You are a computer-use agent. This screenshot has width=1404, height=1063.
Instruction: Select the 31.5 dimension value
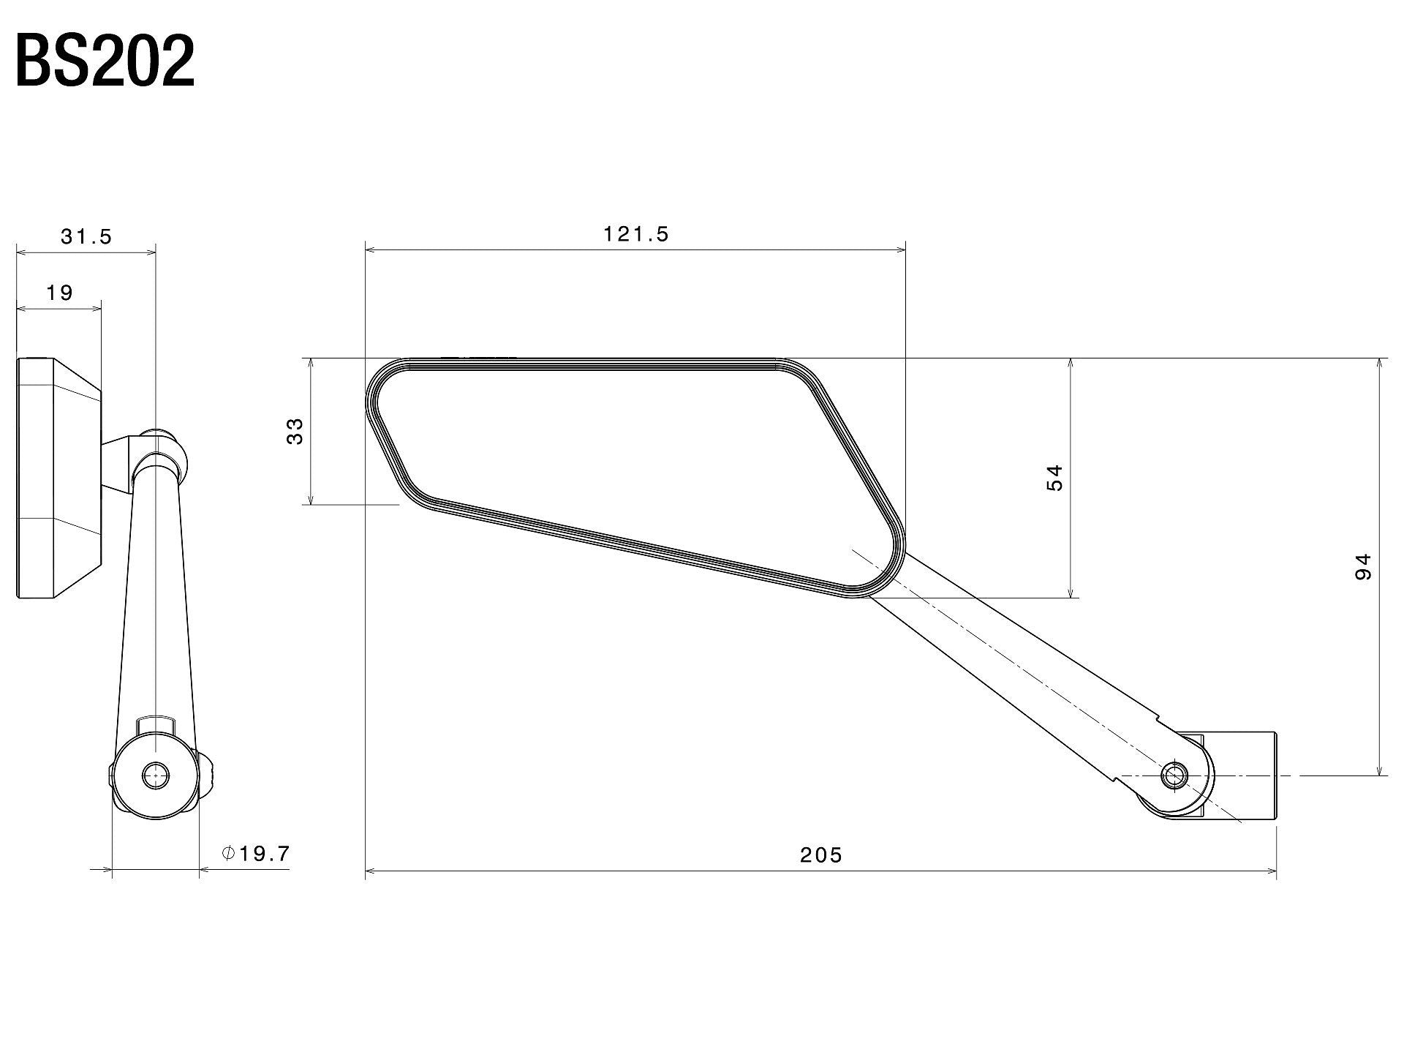86,236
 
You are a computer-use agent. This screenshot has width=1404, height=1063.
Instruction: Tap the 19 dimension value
60,293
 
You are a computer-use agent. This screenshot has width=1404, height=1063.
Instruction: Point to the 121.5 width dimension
635,233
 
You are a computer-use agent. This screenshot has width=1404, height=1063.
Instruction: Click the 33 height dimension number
295,432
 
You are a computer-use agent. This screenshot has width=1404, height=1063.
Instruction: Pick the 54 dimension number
1054,478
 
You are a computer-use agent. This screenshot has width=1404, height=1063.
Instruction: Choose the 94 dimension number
1362,567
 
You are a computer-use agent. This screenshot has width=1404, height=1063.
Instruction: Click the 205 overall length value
820,854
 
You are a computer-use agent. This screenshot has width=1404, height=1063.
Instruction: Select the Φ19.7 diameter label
257,853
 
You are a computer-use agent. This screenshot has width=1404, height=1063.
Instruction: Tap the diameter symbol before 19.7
227,853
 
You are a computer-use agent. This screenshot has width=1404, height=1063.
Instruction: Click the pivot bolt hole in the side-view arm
1175,775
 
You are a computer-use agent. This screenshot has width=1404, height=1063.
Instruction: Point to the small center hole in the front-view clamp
155,775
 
